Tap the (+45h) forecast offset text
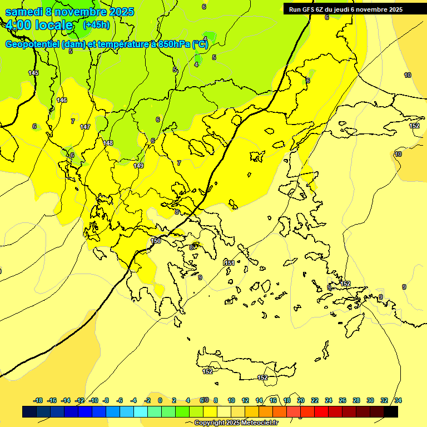96,24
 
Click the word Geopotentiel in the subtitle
32,44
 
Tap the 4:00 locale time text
39,25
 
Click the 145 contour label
33,73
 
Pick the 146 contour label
62,100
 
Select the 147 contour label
85,127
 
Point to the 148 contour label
108,143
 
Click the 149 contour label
138,166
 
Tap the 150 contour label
156,241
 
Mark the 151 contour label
229,263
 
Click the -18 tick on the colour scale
38,400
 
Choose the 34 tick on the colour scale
398,400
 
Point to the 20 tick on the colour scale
301,400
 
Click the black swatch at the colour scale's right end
391,411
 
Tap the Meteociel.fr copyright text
236,423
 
